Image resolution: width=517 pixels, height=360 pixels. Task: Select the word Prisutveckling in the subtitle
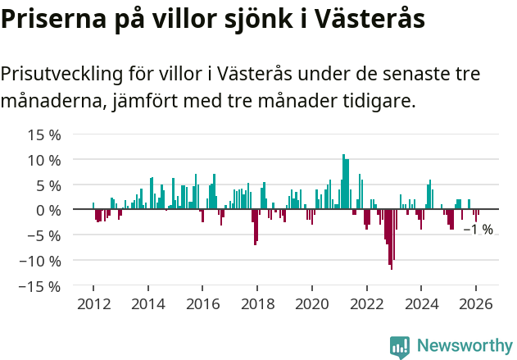click(x=61, y=75)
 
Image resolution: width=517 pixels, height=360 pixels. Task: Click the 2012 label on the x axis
click(x=93, y=303)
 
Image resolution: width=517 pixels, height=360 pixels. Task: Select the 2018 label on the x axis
click(x=257, y=303)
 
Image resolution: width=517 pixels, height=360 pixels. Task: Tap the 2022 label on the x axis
click(x=366, y=303)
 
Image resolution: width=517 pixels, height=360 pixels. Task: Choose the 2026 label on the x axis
click(x=476, y=303)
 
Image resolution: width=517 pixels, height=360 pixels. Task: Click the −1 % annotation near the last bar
click(x=478, y=230)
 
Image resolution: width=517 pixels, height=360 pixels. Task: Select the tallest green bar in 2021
click(x=343, y=181)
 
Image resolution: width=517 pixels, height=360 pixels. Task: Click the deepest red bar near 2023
click(x=392, y=239)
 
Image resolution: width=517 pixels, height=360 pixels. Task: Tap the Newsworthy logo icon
click(x=399, y=347)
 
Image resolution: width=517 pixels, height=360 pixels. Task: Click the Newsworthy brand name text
click(x=464, y=346)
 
